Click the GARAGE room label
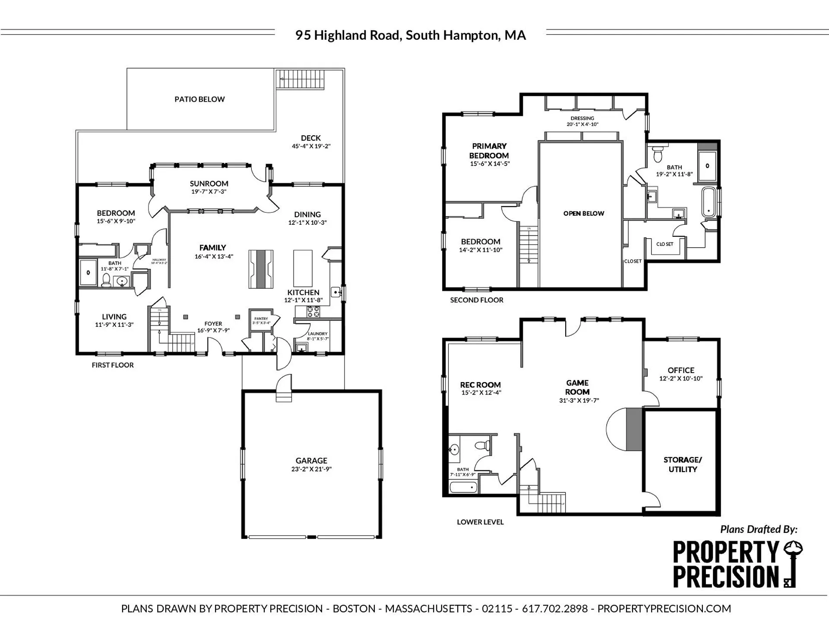click(311, 461)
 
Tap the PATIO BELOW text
click(199, 99)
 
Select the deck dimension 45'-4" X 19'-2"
click(311, 147)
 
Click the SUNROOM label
click(209, 184)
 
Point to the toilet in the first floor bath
click(106, 280)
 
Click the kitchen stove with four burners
click(313, 312)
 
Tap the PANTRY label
click(261, 319)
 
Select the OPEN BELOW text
click(583, 214)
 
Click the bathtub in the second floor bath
click(708, 201)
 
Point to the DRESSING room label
click(582, 118)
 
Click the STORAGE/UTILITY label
click(683, 465)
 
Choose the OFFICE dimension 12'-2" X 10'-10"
click(680, 379)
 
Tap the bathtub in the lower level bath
click(463, 487)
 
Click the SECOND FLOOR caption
click(477, 300)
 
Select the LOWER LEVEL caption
click(480, 522)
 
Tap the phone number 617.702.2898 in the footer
click(555, 609)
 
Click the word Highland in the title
click(341, 35)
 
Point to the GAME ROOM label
click(577, 388)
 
